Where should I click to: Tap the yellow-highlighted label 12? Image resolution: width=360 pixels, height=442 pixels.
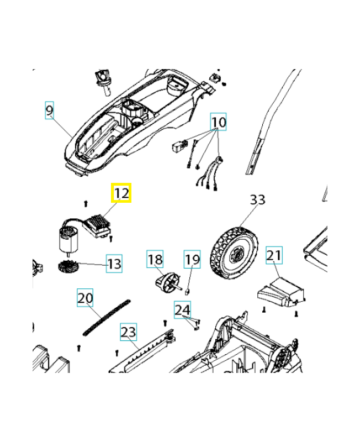[x=121, y=193]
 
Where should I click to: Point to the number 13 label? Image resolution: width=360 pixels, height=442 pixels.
[x=114, y=264]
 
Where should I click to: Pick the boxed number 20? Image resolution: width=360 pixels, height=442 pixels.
[x=85, y=298]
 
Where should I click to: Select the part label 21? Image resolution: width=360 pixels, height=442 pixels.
[x=274, y=255]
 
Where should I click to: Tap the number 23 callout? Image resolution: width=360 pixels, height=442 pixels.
[x=128, y=332]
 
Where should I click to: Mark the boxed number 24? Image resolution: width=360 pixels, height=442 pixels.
[x=182, y=310]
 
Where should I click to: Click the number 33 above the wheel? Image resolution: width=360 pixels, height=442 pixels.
[x=258, y=200]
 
